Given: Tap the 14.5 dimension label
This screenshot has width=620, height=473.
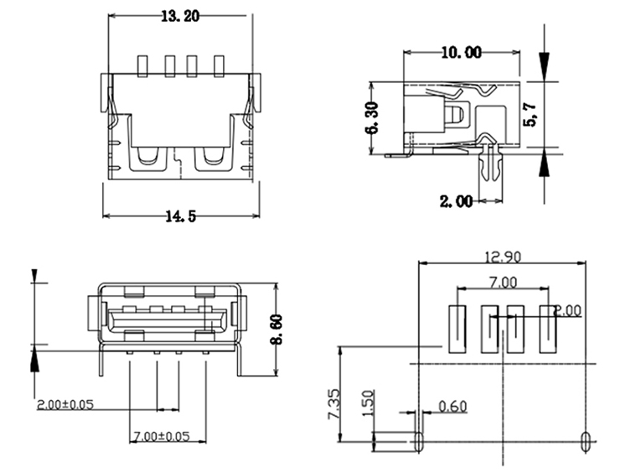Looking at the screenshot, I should point(180,216).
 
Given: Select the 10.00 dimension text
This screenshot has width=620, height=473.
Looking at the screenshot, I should point(460,52).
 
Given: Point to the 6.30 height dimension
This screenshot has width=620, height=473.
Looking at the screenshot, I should point(373,117).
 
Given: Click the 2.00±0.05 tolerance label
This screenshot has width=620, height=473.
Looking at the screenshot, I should point(65,403).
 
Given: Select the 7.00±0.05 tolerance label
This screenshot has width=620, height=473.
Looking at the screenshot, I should point(161,437).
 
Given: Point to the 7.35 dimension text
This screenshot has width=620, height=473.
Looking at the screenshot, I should point(334,404).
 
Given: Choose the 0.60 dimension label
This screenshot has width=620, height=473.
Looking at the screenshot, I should point(452,408).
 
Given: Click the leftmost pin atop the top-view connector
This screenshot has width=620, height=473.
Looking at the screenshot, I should point(142,65).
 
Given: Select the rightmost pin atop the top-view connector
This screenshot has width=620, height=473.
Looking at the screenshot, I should point(220,65).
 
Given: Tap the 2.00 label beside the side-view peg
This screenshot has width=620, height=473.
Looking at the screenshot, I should point(457,200).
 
